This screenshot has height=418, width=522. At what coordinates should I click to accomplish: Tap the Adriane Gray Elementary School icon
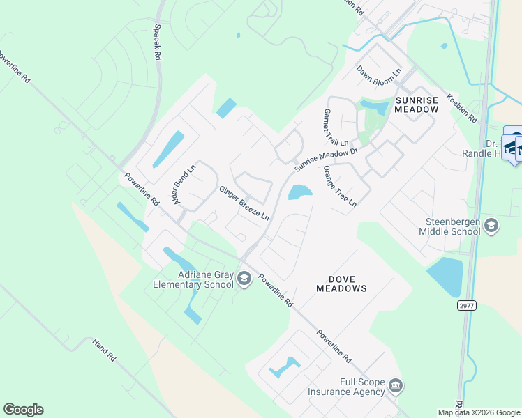point(244,279)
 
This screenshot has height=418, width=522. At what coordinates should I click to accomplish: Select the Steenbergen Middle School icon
point(491,224)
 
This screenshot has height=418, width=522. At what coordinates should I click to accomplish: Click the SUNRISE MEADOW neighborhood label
point(417,104)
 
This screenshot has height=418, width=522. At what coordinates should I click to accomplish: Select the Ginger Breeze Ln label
point(244,204)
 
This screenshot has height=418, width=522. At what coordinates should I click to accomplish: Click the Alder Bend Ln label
point(185,184)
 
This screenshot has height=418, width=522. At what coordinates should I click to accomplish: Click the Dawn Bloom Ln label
point(379,72)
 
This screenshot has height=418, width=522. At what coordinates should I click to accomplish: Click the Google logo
point(23,410)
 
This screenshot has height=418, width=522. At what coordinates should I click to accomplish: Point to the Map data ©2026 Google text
point(478,412)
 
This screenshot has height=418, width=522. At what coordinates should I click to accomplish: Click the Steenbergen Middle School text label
point(454,230)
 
